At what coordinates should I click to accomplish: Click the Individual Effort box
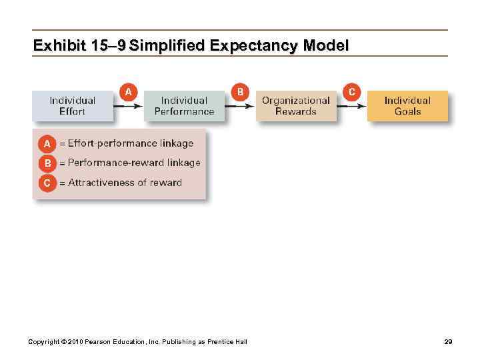point(72,106)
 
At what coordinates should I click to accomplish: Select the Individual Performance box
point(184,106)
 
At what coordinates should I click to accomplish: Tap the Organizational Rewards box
point(295,106)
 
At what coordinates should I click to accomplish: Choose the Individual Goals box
point(407,106)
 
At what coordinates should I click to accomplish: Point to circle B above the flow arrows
point(240,91)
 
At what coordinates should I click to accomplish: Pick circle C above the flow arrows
point(352,91)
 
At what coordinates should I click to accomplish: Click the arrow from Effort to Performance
point(128,105)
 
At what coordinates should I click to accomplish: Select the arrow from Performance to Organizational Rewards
point(240,105)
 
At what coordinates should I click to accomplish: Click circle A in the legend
point(47,143)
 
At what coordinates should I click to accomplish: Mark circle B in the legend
point(47,163)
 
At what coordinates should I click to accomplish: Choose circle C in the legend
point(47,183)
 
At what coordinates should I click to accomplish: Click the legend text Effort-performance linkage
point(130,143)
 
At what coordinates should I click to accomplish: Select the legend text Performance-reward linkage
point(133,163)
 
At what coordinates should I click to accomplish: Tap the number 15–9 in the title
point(108,46)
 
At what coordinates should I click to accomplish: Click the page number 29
point(448,342)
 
